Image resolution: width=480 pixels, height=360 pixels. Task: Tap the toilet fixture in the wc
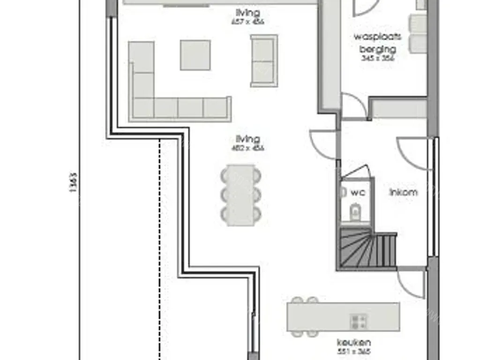click(x=356, y=211)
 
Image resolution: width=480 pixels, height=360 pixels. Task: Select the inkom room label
click(x=403, y=192)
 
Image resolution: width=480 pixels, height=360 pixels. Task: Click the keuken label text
click(x=354, y=343)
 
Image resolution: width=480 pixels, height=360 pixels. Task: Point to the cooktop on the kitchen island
click(x=358, y=321)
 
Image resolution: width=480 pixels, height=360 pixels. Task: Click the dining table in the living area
click(x=240, y=195)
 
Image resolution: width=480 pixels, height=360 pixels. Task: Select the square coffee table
click(x=195, y=55)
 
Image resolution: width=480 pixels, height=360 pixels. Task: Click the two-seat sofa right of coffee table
click(x=263, y=60)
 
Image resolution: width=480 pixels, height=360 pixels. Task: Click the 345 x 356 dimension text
click(x=377, y=59)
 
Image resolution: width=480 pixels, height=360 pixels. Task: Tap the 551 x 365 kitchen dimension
click(x=354, y=351)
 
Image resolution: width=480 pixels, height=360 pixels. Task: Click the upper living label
click(x=248, y=13)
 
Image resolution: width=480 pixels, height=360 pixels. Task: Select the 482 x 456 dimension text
click(x=248, y=149)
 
